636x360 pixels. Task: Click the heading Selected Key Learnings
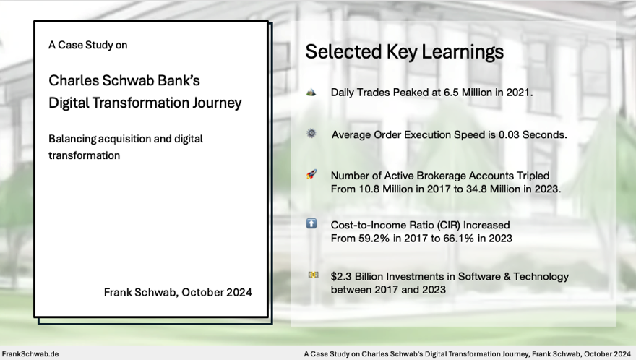(x=404, y=52)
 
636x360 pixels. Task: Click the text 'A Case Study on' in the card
(x=87, y=45)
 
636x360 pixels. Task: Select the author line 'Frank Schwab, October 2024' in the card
(x=178, y=293)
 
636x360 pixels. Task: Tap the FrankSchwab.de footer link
(x=30, y=354)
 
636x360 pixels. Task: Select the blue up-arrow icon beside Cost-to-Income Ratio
(x=311, y=224)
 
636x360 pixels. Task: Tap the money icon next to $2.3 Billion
(x=312, y=275)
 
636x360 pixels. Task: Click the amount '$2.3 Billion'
(x=362, y=276)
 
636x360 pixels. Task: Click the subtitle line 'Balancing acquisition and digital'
(x=126, y=138)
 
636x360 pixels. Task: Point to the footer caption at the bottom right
(x=467, y=354)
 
